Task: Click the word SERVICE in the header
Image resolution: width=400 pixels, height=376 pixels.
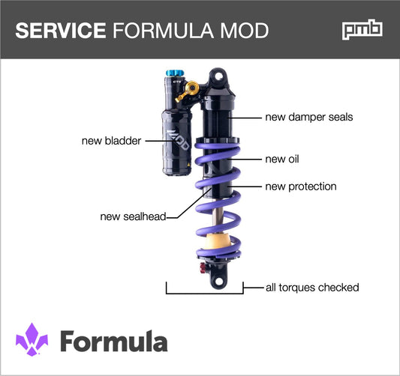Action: pyautogui.click(x=60, y=30)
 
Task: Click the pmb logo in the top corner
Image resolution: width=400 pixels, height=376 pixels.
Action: pyautogui.click(x=363, y=30)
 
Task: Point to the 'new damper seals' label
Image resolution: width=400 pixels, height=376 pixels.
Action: pyautogui.click(x=308, y=118)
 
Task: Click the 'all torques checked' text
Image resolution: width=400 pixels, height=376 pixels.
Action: pyautogui.click(x=312, y=288)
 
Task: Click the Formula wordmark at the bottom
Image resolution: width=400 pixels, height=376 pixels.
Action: pyautogui.click(x=113, y=341)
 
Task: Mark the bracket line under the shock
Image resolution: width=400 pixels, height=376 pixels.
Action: pyautogui.click(x=205, y=291)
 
